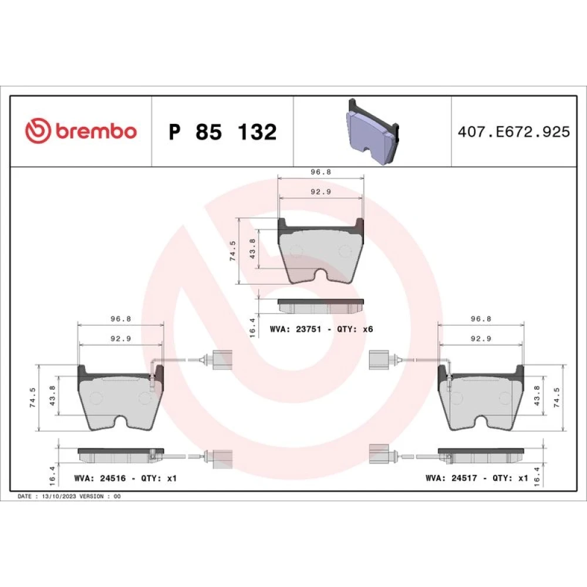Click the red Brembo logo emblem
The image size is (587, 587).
pyautogui.click(x=38, y=131)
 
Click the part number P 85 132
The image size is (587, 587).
pyautogui.click(x=222, y=131)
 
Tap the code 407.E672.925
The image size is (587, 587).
pyautogui.click(x=514, y=131)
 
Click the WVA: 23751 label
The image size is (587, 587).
pyautogui.click(x=295, y=329)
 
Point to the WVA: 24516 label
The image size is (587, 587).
pyautogui.click(x=100, y=478)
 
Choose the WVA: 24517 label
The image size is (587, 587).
pyautogui.click(x=451, y=478)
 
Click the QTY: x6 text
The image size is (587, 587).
pyautogui.click(x=355, y=329)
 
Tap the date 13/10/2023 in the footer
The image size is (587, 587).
pyautogui.click(x=59, y=497)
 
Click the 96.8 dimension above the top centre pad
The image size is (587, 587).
pyautogui.click(x=321, y=172)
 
